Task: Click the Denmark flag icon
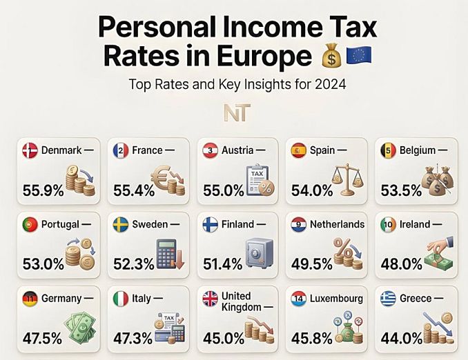(30, 150)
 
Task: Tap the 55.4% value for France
(134, 190)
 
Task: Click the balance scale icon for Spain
(348, 179)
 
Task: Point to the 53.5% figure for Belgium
(401, 190)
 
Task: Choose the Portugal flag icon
(30, 225)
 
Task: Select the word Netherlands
(338, 224)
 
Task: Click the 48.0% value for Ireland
(402, 264)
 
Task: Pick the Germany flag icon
(30, 299)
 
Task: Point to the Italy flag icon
(121, 299)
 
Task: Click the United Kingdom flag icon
(211, 299)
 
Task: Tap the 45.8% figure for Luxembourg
(311, 338)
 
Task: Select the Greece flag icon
(389, 299)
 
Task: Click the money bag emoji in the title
(331, 55)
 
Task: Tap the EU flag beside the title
(359, 55)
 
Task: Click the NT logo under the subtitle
(237, 112)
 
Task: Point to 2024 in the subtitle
(331, 84)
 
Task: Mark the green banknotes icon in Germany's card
(81, 328)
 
